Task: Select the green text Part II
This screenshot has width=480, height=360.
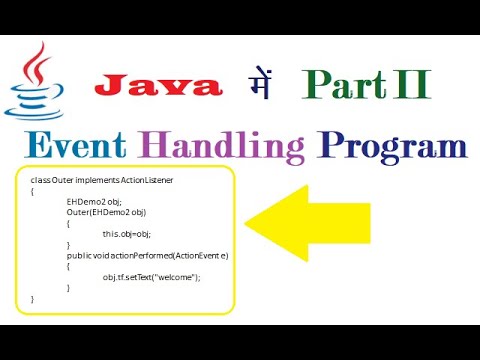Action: point(366,84)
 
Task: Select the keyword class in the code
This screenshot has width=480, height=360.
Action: point(41,180)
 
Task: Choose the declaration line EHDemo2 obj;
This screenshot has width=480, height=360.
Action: point(91,200)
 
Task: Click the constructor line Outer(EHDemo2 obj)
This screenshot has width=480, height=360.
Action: point(98,211)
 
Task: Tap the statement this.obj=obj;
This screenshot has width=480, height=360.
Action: point(128,233)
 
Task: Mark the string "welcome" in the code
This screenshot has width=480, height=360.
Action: point(177,276)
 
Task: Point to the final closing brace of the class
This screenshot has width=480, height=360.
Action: point(33,298)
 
